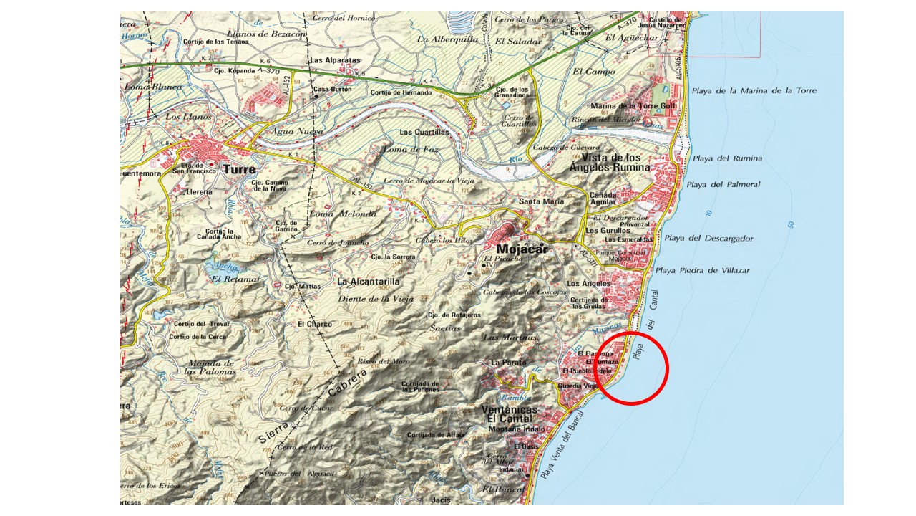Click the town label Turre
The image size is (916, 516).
coord(239,170)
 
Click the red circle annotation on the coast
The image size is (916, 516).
coord(632,368)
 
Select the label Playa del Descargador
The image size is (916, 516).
coord(708,238)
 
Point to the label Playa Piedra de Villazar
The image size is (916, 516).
coord(703,270)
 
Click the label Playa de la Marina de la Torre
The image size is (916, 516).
coord(754,91)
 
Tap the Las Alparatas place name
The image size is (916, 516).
coord(335,61)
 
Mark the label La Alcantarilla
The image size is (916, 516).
coord(369,282)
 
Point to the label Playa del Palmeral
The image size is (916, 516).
coord(723,184)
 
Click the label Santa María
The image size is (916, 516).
coord(541,201)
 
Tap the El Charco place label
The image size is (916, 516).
coord(315,324)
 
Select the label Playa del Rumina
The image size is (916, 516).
coord(727,158)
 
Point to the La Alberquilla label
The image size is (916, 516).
coord(447,39)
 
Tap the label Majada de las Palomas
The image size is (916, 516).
coord(210,367)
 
